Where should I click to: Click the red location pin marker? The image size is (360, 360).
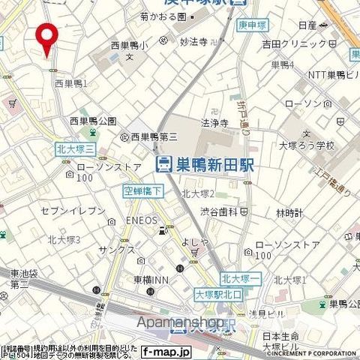(x=48, y=38)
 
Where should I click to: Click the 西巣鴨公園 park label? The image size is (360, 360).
(x=92, y=121)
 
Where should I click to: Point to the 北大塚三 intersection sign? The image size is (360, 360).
(x=73, y=149)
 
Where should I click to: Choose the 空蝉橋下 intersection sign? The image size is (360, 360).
(x=142, y=192)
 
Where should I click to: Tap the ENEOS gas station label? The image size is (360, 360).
(x=141, y=220)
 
